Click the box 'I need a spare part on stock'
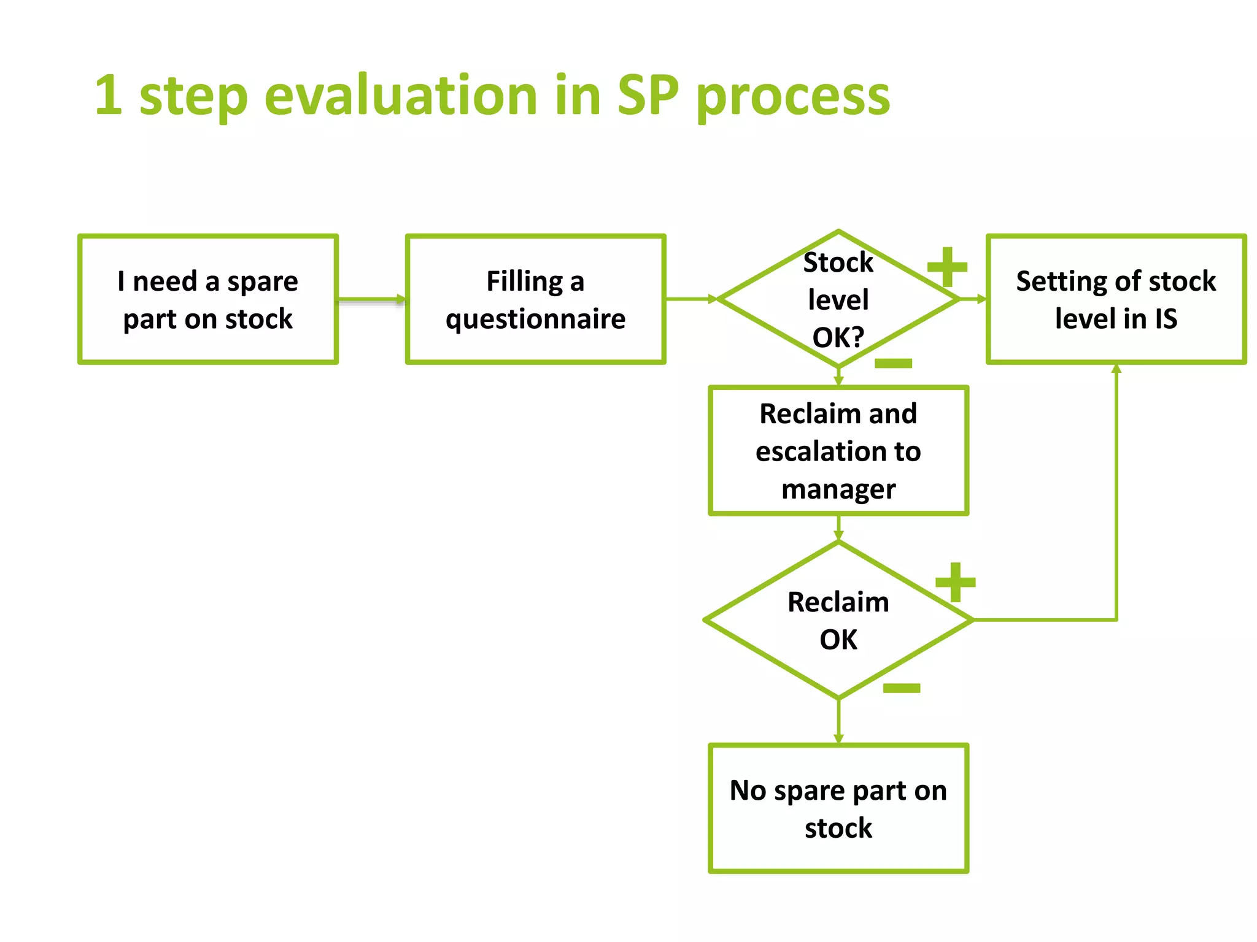tap(207, 299)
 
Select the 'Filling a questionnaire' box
tap(535, 299)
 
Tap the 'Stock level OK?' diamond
tap(838, 299)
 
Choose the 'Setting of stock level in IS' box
tap(1116, 299)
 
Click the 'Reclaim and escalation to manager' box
tap(838, 451)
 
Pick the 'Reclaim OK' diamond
tap(838, 620)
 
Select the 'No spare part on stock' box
tap(838, 808)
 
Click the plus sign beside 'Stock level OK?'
tap(947, 267)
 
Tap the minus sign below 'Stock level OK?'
tap(894, 364)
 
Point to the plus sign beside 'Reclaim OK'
tap(955, 582)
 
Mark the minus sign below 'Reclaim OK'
tap(901, 688)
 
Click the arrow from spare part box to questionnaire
tap(371, 299)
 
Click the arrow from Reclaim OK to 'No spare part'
tap(838, 721)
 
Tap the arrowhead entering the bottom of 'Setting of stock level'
tap(1116, 369)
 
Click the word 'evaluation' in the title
tap(401, 96)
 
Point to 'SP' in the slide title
tap(648, 96)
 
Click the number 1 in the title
tap(108, 96)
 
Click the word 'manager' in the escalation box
tap(838, 489)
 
